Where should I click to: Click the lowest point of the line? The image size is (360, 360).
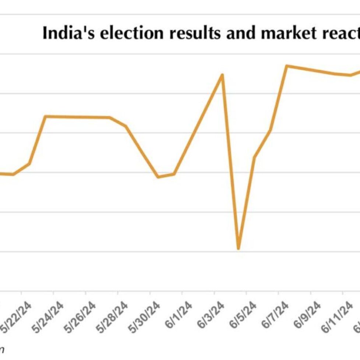239,249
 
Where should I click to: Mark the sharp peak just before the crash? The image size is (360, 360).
222,75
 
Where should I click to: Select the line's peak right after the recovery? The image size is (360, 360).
287,66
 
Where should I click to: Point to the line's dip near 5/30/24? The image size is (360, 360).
158,177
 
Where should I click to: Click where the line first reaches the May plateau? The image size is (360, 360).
45,116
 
